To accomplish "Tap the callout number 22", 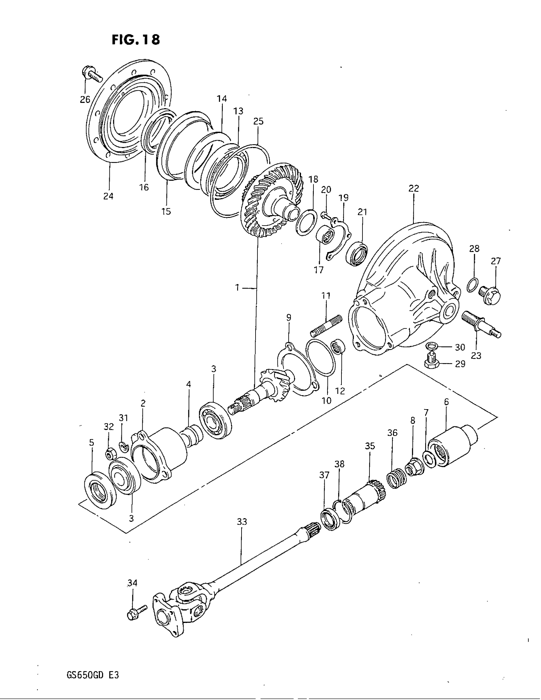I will click(414, 188).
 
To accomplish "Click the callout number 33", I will click(242, 522).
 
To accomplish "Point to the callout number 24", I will click(108, 196).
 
